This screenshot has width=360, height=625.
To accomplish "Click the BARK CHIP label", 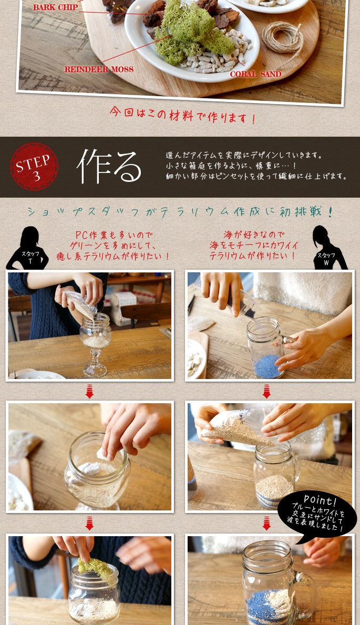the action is [x=55, y=7].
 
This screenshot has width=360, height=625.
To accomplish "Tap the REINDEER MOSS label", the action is [x=99, y=69].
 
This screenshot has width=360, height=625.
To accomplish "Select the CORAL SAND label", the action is [x=255, y=74].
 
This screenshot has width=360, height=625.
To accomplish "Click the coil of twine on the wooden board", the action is [x=283, y=38].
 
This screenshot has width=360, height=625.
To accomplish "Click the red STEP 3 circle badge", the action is [x=34, y=166].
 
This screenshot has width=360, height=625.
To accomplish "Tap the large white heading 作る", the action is [x=109, y=166].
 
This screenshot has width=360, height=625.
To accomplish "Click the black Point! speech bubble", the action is [x=317, y=514].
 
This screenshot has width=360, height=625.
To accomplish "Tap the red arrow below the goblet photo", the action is [x=89, y=391].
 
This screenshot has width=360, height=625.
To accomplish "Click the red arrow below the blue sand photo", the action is [x=266, y=391].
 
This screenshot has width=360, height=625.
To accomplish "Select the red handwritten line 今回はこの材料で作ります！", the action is [x=182, y=115].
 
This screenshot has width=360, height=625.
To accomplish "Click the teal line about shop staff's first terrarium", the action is [x=180, y=212].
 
